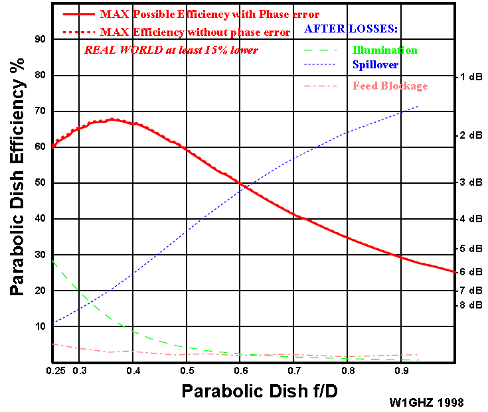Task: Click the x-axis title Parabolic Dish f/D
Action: click(260, 391)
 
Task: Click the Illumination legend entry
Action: click(385, 50)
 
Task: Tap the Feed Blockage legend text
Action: click(390, 86)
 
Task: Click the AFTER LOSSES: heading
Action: click(350, 29)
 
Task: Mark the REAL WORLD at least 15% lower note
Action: click(171, 50)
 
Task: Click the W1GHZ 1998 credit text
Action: click(427, 402)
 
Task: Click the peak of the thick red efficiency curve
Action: click(113, 119)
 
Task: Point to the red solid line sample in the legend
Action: click(78, 14)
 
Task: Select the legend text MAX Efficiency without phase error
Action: click(195, 32)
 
